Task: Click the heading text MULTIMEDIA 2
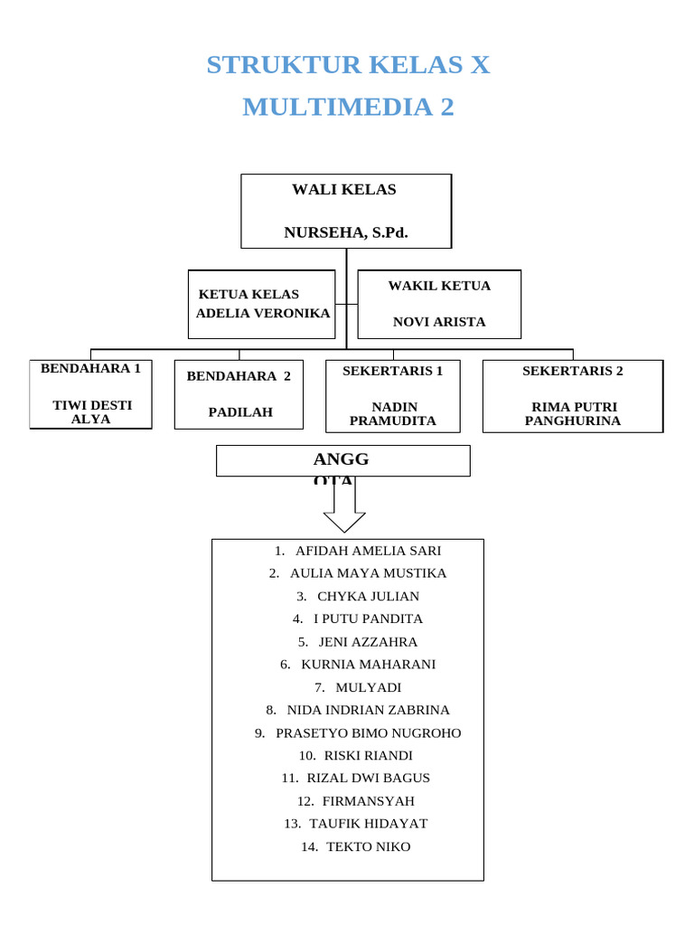coord(348,107)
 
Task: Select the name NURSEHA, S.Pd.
coord(346,232)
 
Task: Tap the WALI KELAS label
coord(343,189)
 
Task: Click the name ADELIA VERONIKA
coord(263,312)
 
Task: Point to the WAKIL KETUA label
coord(439,286)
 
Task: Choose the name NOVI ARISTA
coord(439,321)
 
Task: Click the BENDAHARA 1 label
coord(90,369)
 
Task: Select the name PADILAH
coord(240,412)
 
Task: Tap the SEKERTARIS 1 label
coord(392,371)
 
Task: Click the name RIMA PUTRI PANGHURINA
coord(573,414)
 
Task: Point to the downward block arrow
coord(344,506)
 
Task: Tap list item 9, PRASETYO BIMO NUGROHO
coord(358,732)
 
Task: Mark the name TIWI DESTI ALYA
coord(91,412)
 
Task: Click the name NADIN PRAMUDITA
coord(392,414)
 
